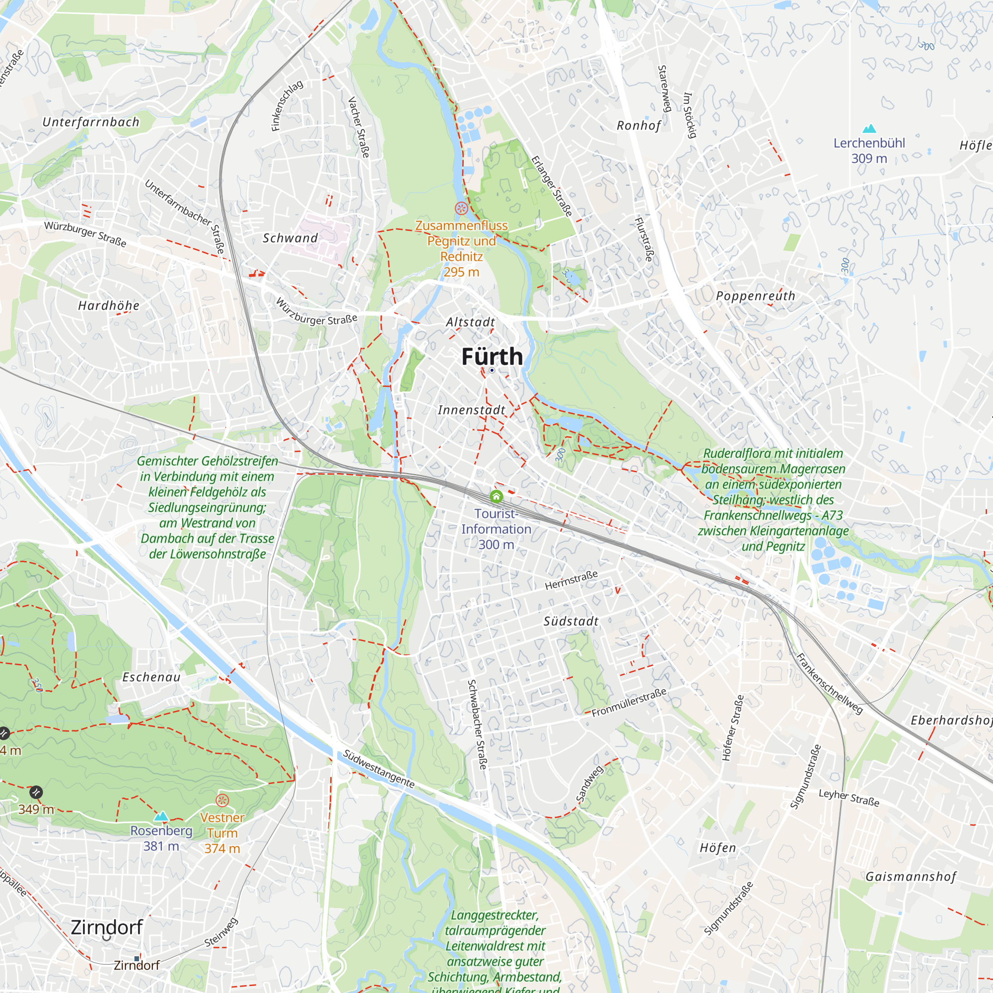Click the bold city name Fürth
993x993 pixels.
pos(492,356)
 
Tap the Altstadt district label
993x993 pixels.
pos(470,322)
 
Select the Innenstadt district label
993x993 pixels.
pos(471,410)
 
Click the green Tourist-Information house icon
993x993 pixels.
pos(496,496)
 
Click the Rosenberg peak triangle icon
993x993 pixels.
pos(161,816)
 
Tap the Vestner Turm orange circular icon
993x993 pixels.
pos(222,800)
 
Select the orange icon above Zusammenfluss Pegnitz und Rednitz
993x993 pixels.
pos(461,208)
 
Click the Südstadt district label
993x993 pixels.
pos(571,622)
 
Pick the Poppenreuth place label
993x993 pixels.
pos(756,296)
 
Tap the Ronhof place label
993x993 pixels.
pos(638,126)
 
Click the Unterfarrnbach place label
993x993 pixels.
pos(91,122)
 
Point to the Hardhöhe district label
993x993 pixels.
pos(108,306)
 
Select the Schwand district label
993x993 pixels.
pos(290,238)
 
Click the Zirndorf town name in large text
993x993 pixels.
pos(107,927)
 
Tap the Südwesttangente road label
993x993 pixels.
pos(378,769)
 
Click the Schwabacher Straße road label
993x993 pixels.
pos(477,724)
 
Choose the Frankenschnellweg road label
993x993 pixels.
pos(829,683)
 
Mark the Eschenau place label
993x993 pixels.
pos(151,677)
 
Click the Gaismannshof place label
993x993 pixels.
pos(911,877)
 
